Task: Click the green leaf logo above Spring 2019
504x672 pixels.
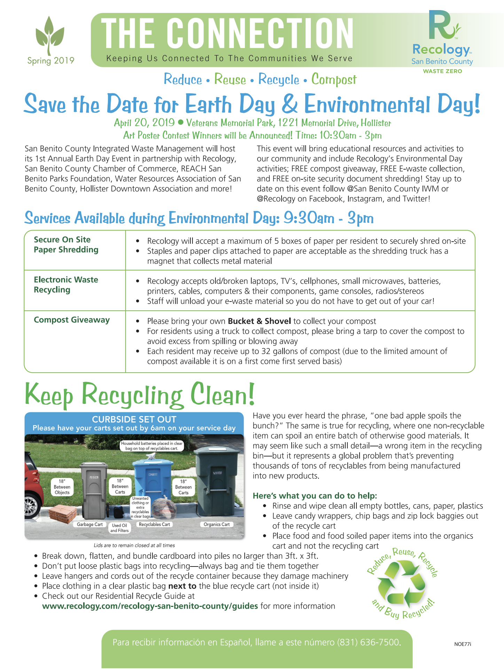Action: click(50, 35)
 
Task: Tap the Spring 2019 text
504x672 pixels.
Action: click(51, 61)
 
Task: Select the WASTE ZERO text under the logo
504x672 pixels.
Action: click(442, 71)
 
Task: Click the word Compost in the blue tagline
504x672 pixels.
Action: click(334, 79)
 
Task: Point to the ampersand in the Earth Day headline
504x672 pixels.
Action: click(290, 104)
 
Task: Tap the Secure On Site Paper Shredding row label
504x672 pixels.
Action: click(66, 244)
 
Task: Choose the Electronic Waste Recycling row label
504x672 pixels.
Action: click(66, 285)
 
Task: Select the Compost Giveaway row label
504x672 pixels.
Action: click(72, 320)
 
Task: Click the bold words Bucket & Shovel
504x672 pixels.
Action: click(259, 321)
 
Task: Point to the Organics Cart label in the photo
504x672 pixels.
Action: click(216, 524)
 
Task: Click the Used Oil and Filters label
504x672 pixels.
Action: click(119, 528)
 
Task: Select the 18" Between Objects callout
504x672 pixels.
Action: click(62, 487)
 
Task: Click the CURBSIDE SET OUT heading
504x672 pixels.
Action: click(134, 419)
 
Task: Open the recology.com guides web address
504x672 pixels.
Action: click(150, 606)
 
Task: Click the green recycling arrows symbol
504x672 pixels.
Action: click(401, 583)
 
